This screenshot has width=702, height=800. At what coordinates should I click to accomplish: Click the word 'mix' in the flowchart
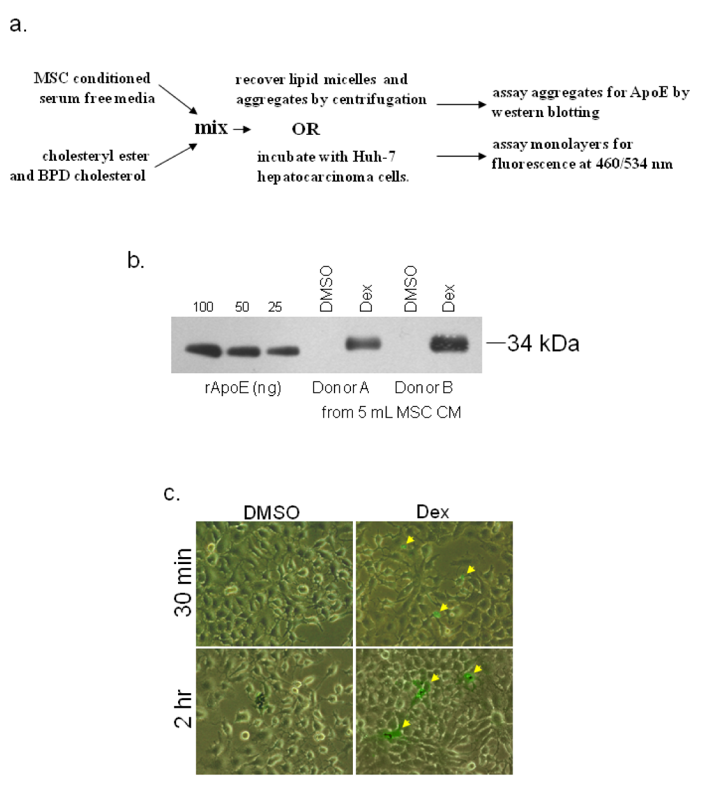211,128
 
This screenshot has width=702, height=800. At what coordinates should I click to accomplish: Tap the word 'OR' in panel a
306,129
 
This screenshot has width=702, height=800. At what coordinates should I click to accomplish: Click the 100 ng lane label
203,307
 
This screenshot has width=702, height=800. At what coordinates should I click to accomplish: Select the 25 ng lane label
275,307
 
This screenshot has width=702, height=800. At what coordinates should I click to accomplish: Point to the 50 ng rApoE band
243,350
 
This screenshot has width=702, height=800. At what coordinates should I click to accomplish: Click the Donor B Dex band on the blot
449,343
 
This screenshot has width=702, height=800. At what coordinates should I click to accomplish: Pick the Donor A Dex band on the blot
363,343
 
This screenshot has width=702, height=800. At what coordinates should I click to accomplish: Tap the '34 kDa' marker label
543,343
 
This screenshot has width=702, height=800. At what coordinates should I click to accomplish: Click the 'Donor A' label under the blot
340,388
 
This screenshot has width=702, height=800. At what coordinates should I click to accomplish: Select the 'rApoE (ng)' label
243,388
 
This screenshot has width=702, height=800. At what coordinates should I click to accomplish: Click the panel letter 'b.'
136,261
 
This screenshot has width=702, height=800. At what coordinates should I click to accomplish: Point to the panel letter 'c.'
172,493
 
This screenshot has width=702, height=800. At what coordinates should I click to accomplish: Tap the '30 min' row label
182,583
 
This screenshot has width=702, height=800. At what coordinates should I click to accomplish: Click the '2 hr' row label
182,710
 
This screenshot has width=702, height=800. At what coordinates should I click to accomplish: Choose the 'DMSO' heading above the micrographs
272,513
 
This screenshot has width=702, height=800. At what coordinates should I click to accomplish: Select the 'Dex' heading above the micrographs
433,512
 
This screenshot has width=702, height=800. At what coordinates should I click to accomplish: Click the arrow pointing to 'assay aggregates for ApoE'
461,104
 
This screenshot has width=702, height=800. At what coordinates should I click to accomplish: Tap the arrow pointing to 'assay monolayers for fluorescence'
461,156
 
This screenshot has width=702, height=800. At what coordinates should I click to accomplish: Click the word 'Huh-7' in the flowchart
374,157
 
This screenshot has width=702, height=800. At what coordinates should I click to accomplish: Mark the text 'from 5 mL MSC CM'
391,413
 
